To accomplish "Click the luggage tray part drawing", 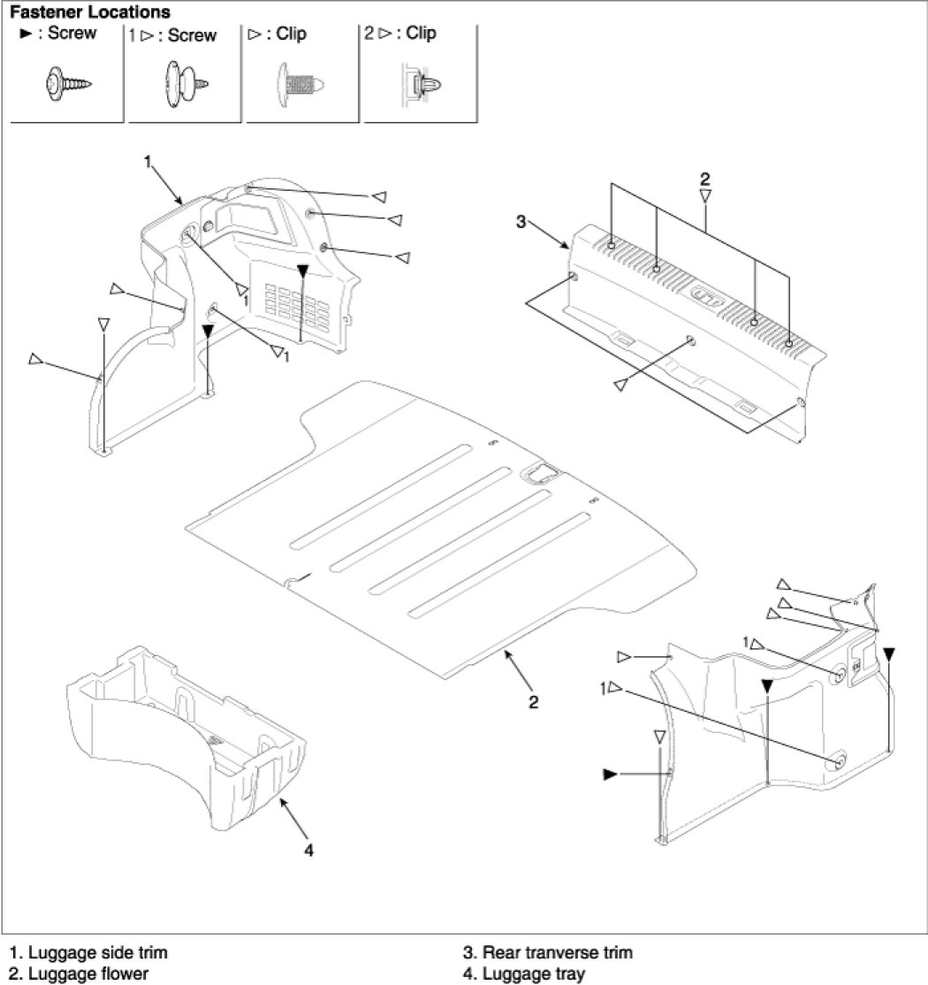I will pyautogui.click(x=186, y=734).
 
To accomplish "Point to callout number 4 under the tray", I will pyautogui.click(x=308, y=851).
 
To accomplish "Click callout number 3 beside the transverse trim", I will pyautogui.click(x=521, y=222).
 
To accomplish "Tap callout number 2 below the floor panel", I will pyautogui.click(x=533, y=702).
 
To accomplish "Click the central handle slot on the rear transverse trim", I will pyautogui.click(x=705, y=296).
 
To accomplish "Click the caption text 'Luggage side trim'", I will pyautogui.click(x=88, y=953).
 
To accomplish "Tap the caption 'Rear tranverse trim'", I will pyautogui.click(x=549, y=953).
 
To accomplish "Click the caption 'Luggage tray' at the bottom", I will pyautogui.click(x=525, y=974).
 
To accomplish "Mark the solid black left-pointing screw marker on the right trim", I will pyautogui.click(x=609, y=775).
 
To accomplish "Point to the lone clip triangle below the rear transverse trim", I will pyautogui.click(x=621, y=382).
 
